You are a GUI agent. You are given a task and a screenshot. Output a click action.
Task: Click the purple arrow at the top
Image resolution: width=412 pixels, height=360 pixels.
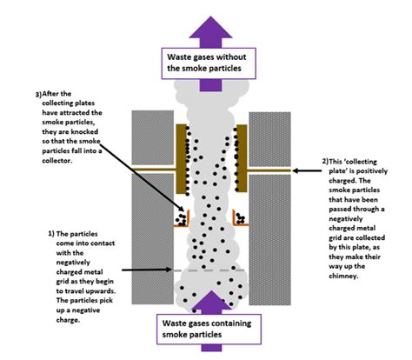(206, 22)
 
